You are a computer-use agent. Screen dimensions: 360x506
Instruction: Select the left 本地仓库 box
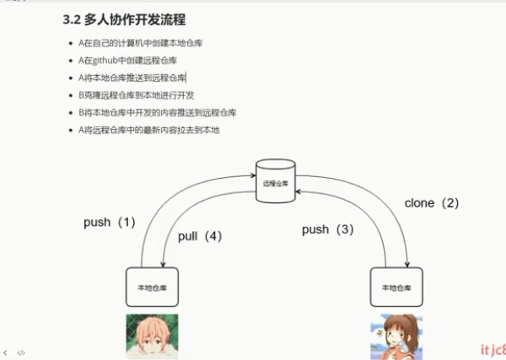152,287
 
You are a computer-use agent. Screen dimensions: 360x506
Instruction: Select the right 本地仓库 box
396,287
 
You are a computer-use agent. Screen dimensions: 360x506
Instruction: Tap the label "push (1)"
110,223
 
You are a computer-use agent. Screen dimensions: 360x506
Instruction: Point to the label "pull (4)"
200,236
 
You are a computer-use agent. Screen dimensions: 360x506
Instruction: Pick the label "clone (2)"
432,202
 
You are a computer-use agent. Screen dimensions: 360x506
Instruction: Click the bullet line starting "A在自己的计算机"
139,42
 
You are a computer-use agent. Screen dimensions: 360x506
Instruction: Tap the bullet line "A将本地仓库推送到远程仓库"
137,78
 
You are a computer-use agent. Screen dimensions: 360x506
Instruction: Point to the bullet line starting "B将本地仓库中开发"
157,112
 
